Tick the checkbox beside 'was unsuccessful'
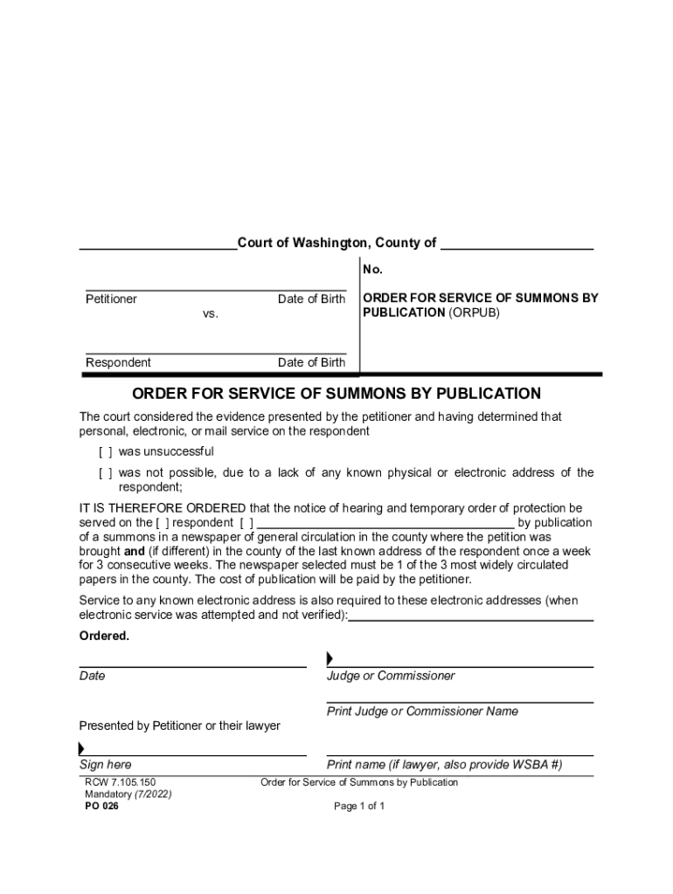(x=105, y=452)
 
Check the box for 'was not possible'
(x=105, y=473)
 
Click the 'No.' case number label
(x=373, y=270)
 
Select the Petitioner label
(x=111, y=299)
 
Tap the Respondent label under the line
(x=118, y=363)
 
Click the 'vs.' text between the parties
(x=211, y=313)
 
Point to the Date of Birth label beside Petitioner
(x=311, y=299)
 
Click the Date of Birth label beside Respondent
(x=311, y=363)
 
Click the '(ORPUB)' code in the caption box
(x=475, y=313)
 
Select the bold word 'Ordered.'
(x=104, y=636)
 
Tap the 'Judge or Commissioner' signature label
(x=391, y=676)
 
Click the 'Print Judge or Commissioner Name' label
(x=422, y=712)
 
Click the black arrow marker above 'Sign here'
(x=82, y=748)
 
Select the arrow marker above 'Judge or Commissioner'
(x=330, y=658)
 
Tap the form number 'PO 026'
(x=101, y=806)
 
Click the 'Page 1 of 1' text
(x=359, y=806)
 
